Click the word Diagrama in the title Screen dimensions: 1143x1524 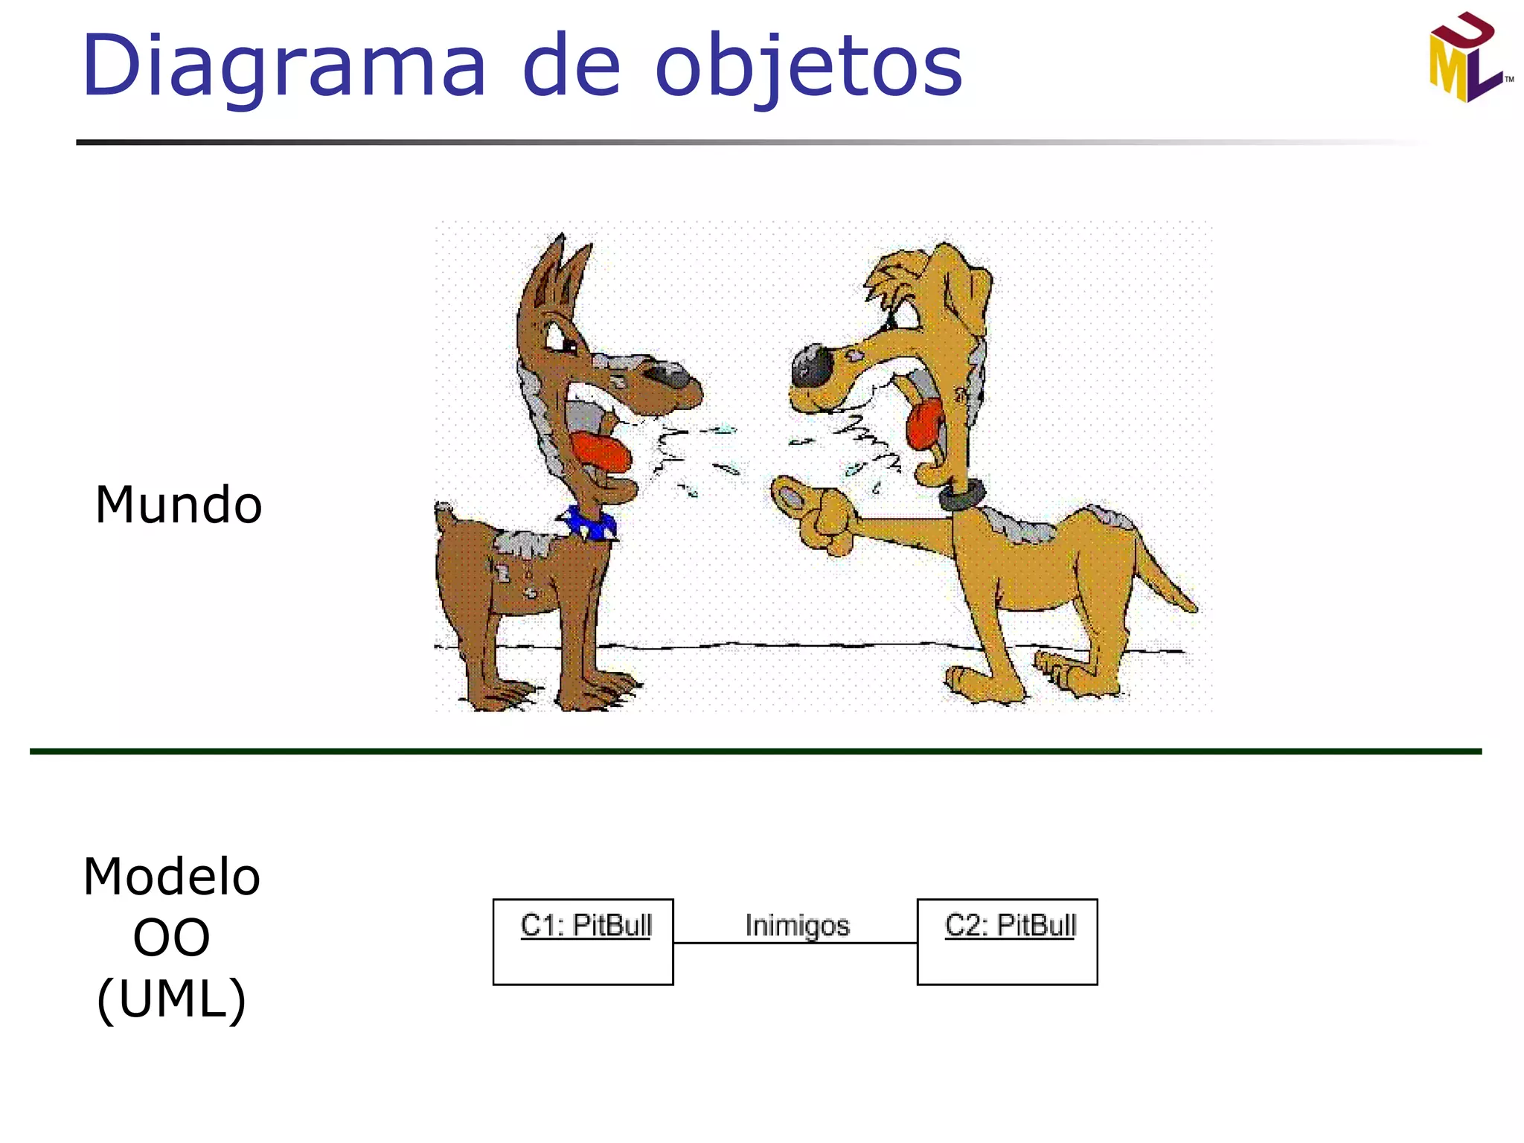point(283,67)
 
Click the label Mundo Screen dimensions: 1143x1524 point(179,505)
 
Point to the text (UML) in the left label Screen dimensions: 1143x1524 point(172,999)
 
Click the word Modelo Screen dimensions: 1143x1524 point(172,877)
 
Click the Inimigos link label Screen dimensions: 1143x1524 point(797,925)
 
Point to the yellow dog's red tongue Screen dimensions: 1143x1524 point(925,424)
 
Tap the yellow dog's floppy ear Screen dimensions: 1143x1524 point(967,290)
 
